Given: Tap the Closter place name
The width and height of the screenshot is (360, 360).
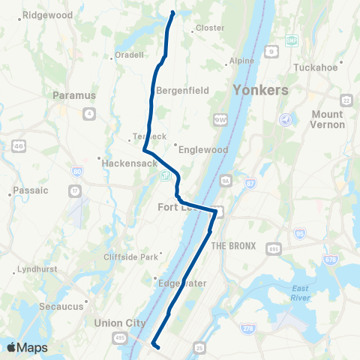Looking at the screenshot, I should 210,28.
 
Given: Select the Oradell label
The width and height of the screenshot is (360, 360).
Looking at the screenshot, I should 128,55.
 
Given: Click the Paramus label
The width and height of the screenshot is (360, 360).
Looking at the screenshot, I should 75,95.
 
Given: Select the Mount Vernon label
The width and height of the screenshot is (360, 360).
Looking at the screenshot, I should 327,119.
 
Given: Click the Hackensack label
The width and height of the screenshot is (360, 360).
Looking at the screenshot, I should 124,162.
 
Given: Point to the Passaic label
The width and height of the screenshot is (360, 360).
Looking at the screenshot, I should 31,190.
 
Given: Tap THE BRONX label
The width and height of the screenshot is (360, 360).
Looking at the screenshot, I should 233,246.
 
